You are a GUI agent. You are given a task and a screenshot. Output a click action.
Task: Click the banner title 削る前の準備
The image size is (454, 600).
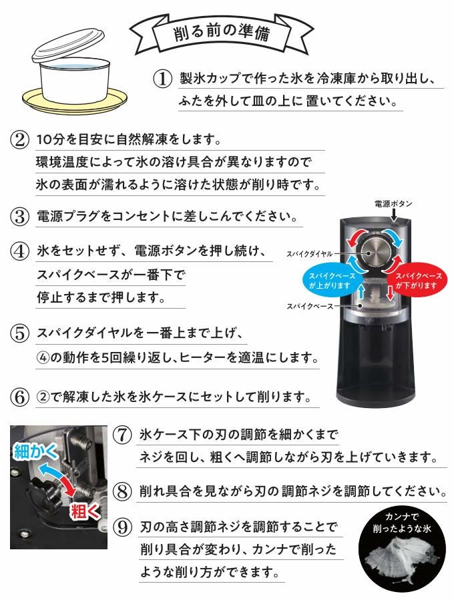pyautogui.click(x=222, y=33)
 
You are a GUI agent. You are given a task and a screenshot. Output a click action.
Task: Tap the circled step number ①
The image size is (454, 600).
pyautogui.click(x=162, y=79)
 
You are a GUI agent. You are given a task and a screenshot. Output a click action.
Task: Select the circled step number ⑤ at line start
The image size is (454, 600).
pyautogui.click(x=19, y=333)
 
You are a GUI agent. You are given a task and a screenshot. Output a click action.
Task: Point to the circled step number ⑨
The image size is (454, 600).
pyautogui.click(x=123, y=527)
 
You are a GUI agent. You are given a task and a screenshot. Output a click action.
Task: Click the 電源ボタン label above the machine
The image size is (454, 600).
pyautogui.click(x=393, y=204)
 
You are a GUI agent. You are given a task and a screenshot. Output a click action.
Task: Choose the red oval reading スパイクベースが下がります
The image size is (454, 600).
pyautogui.click(x=417, y=281)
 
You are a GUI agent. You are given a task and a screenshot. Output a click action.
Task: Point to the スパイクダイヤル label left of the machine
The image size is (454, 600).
pyautogui.click(x=310, y=254)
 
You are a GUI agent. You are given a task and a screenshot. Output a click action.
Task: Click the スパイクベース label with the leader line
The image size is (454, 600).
pyautogui.click(x=310, y=307)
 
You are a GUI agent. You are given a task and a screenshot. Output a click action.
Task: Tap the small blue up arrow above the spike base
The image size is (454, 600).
pyautogui.click(x=360, y=293)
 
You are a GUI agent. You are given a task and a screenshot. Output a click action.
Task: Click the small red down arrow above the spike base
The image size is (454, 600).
pyautogui.click(x=390, y=293)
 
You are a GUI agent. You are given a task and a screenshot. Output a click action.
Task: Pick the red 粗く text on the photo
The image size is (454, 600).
pyautogui.click(x=85, y=511)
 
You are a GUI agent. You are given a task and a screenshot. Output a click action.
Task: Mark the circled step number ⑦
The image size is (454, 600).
pyautogui.click(x=123, y=435)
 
